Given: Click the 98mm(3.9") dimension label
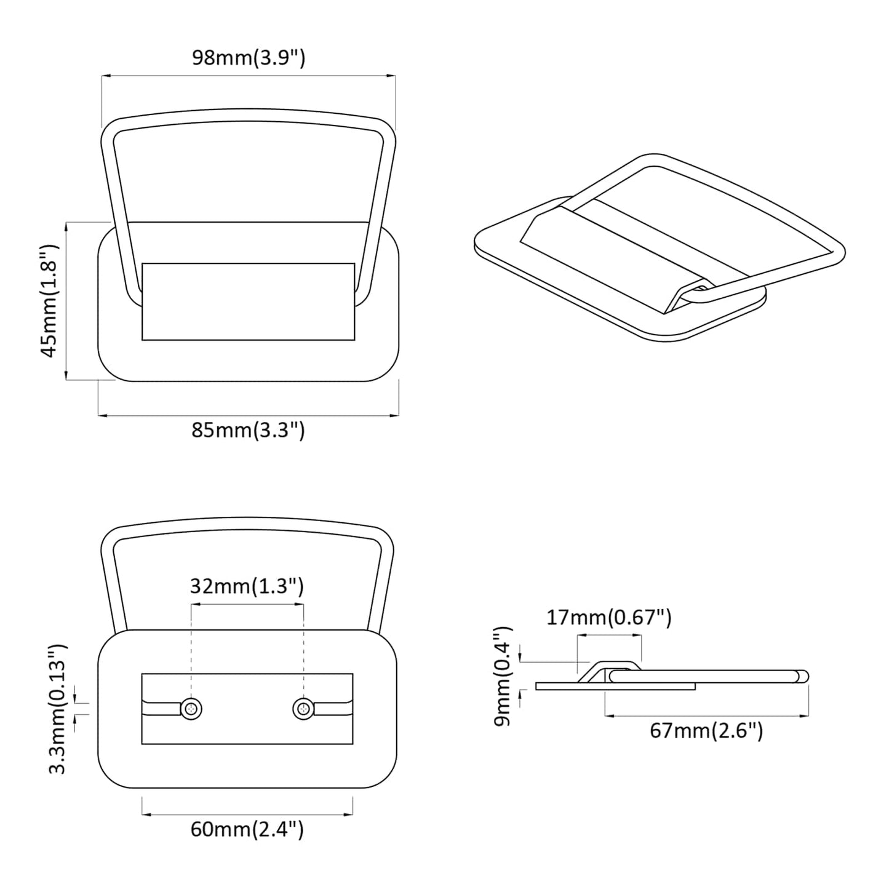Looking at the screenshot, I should click(x=249, y=58).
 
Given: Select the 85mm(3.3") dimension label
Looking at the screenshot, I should click(x=248, y=430).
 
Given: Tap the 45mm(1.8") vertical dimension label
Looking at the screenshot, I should click(x=49, y=300).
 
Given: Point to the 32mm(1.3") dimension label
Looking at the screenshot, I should click(x=247, y=586).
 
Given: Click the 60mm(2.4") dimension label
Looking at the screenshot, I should click(x=247, y=829).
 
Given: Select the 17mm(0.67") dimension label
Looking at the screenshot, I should click(x=609, y=617).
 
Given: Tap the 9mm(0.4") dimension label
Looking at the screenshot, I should click(x=503, y=676).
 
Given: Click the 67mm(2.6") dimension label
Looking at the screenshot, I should click(x=706, y=731).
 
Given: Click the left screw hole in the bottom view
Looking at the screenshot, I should click(x=192, y=709).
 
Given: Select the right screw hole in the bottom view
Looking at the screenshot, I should click(x=303, y=709).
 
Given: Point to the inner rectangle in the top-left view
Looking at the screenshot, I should click(x=248, y=301).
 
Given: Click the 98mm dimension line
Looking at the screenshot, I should click(x=248, y=76).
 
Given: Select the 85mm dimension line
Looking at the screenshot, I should click(x=248, y=416).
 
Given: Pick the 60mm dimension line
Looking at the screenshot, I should click(x=247, y=815).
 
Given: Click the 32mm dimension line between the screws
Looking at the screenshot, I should click(x=247, y=604).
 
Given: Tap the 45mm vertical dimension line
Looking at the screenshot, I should click(x=66, y=300).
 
